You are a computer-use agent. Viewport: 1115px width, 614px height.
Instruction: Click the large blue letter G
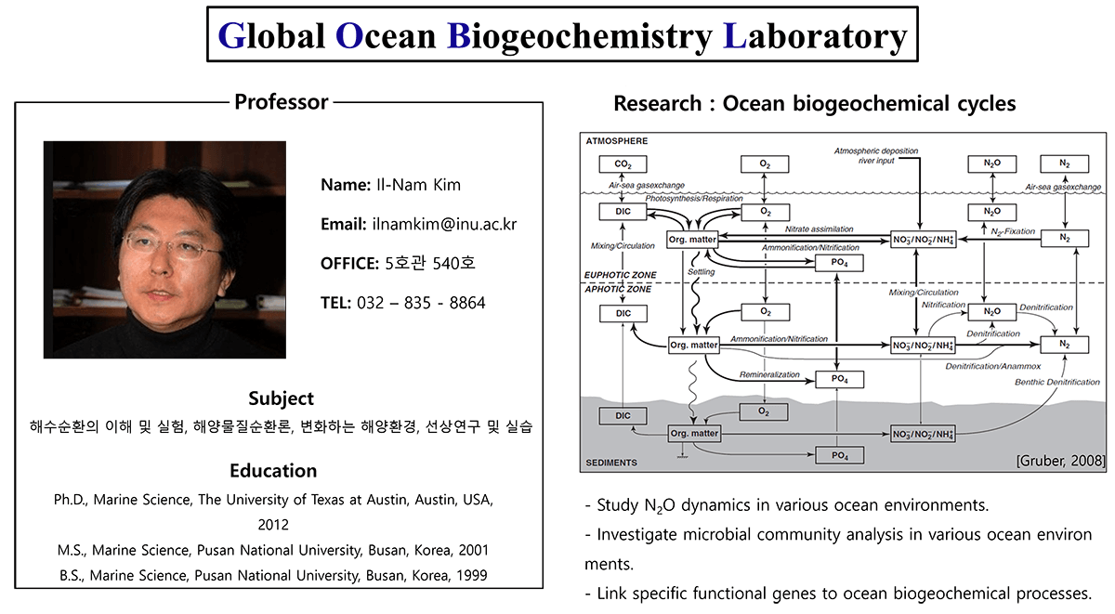[231, 36]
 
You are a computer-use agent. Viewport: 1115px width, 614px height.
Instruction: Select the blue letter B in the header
[459, 36]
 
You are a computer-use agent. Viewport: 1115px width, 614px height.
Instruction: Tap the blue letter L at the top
[734, 36]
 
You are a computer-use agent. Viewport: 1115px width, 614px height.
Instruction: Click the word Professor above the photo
[281, 102]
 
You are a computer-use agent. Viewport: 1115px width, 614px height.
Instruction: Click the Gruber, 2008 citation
[1059, 461]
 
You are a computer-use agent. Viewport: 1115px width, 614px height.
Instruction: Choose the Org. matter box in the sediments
[693, 433]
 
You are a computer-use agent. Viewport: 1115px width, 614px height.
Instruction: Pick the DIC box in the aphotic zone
[623, 314]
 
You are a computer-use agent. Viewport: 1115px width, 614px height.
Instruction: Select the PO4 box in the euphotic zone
[839, 264]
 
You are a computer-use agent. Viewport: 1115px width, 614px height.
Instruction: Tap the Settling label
[701, 272]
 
